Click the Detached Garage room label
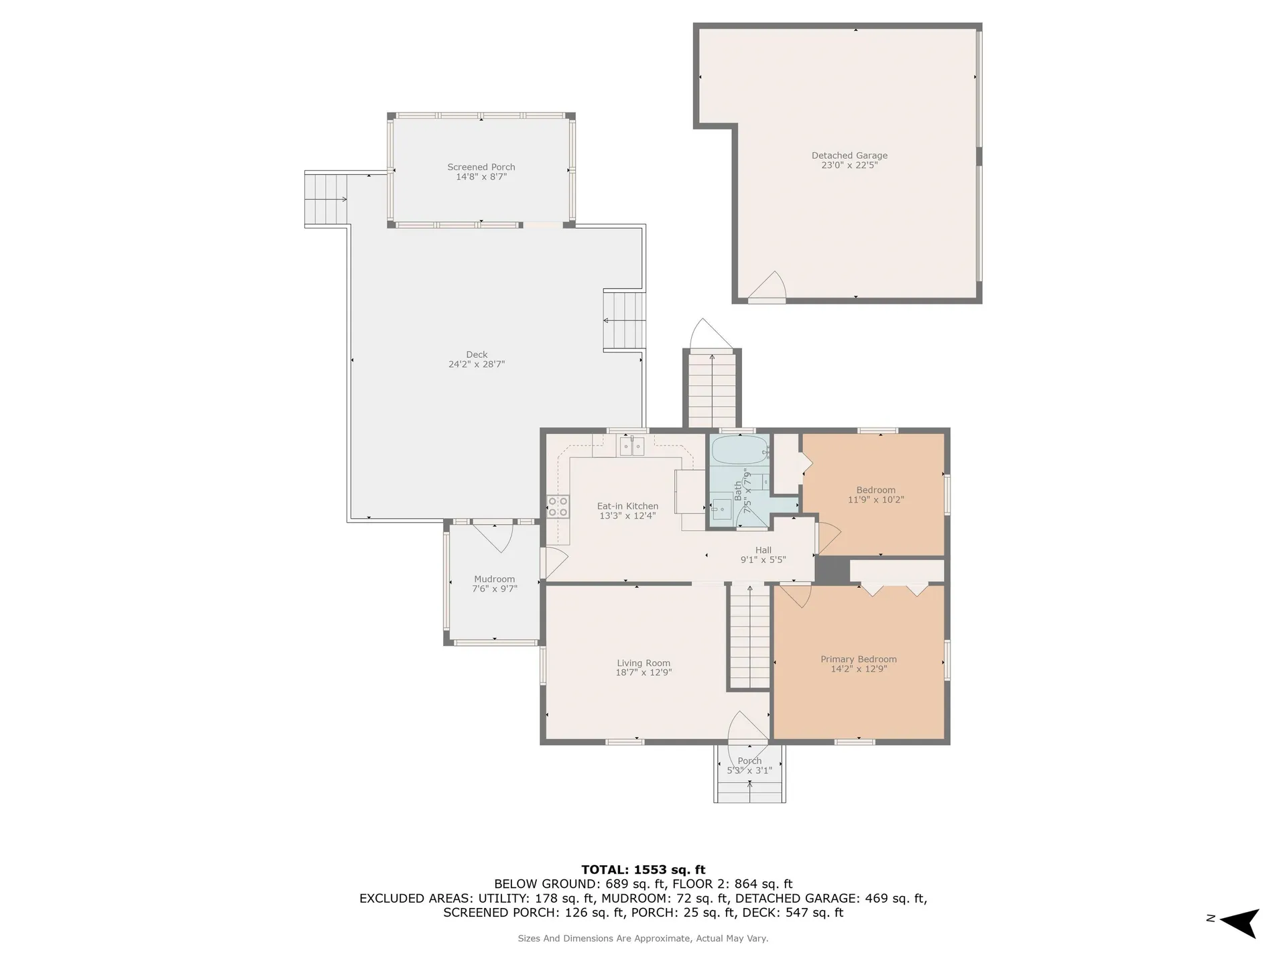(x=849, y=155)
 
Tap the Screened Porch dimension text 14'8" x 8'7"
(x=481, y=177)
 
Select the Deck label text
(x=477, y=355)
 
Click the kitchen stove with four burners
(x=558, y=507)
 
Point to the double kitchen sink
(x=631, y=446)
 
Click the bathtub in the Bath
(x=740, y=450)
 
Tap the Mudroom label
(x=495, y=579)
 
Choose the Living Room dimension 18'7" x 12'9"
(x=643, y=672)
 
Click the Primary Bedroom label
(x=859, y=659)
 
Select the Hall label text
(x=763, y=550)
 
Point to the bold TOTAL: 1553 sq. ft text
(x=643, y=870)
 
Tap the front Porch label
(x=749, y=761)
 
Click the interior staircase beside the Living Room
(x=749, y=637)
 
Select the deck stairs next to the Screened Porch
(x=326, y=199)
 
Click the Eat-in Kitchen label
(x=627, y=506)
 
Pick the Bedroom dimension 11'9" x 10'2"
(x=876, y=499)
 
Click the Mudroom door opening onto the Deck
(x=493, y=537)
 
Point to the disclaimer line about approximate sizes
(x=643, y=938)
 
